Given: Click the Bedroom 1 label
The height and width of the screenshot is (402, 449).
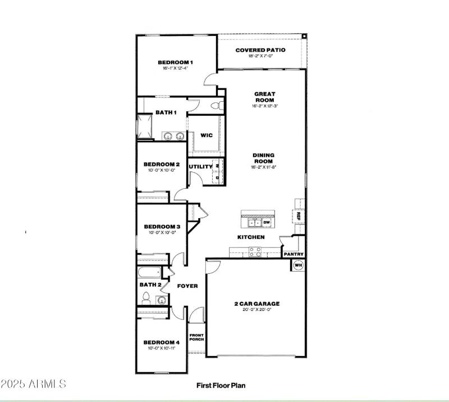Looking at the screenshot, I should click(x=175, y=62).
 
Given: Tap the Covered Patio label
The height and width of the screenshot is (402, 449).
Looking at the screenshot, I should click(x=260, y=50).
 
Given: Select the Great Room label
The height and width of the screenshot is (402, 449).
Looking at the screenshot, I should click(x=264, y=97).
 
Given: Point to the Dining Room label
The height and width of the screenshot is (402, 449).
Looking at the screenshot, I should click(x=263, y=158).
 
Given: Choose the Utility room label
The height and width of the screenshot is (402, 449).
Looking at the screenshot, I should click(x=200, y=166).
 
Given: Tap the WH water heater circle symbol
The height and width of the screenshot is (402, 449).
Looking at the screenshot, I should click(x=299, y=265).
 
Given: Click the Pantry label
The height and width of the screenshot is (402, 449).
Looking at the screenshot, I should click(x=294, y=254).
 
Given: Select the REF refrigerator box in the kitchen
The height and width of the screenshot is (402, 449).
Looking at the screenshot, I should click(x=299, y=216).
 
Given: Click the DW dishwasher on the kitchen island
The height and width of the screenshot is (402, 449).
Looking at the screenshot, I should click(x=267, y=223).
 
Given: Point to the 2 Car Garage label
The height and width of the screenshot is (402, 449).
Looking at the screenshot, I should click(x=256, y=304).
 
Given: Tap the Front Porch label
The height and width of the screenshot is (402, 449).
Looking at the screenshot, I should click(x=196, y=337).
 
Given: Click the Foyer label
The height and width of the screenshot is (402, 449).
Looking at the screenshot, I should click(x=187, y=286).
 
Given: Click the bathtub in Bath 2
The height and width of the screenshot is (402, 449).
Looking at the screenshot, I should click(x=149, y=273).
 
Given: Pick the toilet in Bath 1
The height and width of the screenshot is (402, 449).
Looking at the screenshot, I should click(x=216, y=106).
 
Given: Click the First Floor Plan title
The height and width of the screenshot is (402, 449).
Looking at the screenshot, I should click(x=221, y=386).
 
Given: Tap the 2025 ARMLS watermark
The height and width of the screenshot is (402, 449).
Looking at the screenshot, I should click(x=34, y=385).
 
